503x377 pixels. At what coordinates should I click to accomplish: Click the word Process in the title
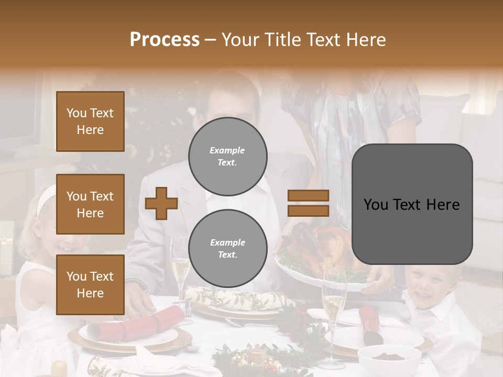pyautogui.click(x=165, y=39)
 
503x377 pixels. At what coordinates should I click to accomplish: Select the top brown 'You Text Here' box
pyautogui.click(x=90, y=121)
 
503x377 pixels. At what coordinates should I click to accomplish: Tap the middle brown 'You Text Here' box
pyautogui.click(x=90, y=204)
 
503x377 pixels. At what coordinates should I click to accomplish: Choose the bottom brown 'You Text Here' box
pyautogui.click(x=90, y=284)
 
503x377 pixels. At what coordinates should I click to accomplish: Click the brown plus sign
pyautogui.click(x=161, y=203)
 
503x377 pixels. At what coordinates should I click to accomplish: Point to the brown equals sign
pyautogui.click(x=308, y=203)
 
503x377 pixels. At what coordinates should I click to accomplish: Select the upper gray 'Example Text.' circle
pyautogui.click(x=227, y=156)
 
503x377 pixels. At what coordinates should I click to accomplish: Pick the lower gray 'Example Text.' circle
pyautogui.click(x=227, y=248)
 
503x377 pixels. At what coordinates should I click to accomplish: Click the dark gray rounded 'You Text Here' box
pyautogui.click(x=412, y=204)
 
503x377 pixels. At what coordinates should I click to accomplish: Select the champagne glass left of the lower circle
pyautogui.click(x=180, y=262)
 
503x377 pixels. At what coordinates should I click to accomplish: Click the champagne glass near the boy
pyautogui.click(x=334, y=304)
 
